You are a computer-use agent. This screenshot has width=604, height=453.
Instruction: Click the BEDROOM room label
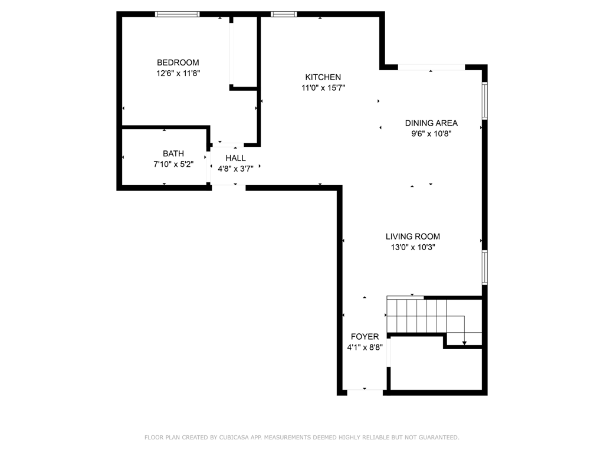(x=178, y=63)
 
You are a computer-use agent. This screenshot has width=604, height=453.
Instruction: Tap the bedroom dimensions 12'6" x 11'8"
(x=178, y=74)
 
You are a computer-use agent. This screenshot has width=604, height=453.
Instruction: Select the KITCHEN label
(x=323, y=77)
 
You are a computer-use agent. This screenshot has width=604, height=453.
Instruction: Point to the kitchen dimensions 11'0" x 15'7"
(x=323, y=88)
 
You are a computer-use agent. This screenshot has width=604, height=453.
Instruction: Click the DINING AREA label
(x=431, y=123)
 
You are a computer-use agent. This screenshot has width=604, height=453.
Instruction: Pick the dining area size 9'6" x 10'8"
(x=431, y=134)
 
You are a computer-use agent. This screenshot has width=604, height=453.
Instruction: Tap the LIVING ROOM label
(x=413, y=237)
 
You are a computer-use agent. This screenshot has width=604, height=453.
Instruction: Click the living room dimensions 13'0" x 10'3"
(x=413, y=248)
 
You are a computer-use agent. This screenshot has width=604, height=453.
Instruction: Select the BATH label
(x=173, y=154)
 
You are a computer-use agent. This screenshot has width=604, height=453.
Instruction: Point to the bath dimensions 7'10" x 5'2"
(x=173, y=165)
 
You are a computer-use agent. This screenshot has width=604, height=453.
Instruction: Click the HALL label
(x=235, y=158)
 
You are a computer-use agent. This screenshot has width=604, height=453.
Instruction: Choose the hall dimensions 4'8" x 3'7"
(x=235, y=169)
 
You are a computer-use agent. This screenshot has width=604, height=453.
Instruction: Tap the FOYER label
(x=365, y=337)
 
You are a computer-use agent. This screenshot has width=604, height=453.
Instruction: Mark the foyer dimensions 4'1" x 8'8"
(x=365, y=347)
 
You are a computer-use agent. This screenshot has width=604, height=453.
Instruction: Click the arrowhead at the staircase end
(x=465, y=342)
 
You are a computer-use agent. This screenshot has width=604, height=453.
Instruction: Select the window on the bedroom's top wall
(x=177, y=14)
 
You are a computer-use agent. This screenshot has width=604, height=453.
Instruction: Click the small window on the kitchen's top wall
(x=283, y=14)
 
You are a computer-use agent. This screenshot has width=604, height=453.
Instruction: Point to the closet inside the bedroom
(x=244, y=52)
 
